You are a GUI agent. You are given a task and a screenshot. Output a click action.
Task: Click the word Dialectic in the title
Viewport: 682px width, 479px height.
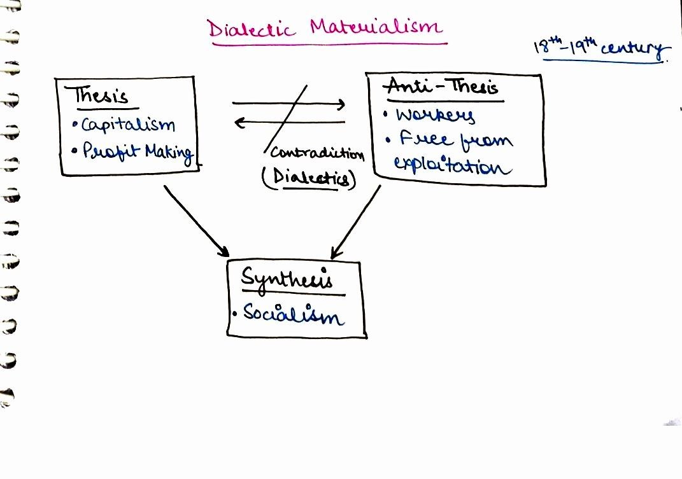[x=250, y=29]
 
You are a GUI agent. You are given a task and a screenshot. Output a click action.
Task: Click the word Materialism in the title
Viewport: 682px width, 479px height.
[x=376, y=26]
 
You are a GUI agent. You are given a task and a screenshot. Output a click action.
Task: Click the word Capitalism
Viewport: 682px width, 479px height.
[x=128, y=125]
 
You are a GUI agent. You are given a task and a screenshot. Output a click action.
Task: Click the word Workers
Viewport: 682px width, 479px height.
[x=435, y=116]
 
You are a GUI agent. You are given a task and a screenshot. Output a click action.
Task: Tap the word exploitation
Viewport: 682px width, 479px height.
[x=452, y=167]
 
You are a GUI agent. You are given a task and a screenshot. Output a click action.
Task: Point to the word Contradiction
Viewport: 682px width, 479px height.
[x=317, y=153]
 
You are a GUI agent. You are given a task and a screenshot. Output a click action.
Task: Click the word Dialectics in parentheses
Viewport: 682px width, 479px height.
[x=310, y=178]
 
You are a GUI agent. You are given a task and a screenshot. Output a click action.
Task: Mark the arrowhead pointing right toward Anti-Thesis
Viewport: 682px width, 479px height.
[x=342, y=104]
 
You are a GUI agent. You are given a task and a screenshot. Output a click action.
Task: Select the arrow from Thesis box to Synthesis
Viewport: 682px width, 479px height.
[x=196, y=221]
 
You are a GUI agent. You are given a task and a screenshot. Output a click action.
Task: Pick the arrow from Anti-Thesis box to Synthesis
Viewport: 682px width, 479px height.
[x=356, y=222]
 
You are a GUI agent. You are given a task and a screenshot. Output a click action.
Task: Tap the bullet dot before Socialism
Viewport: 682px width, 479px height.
[x=235, y=314]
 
